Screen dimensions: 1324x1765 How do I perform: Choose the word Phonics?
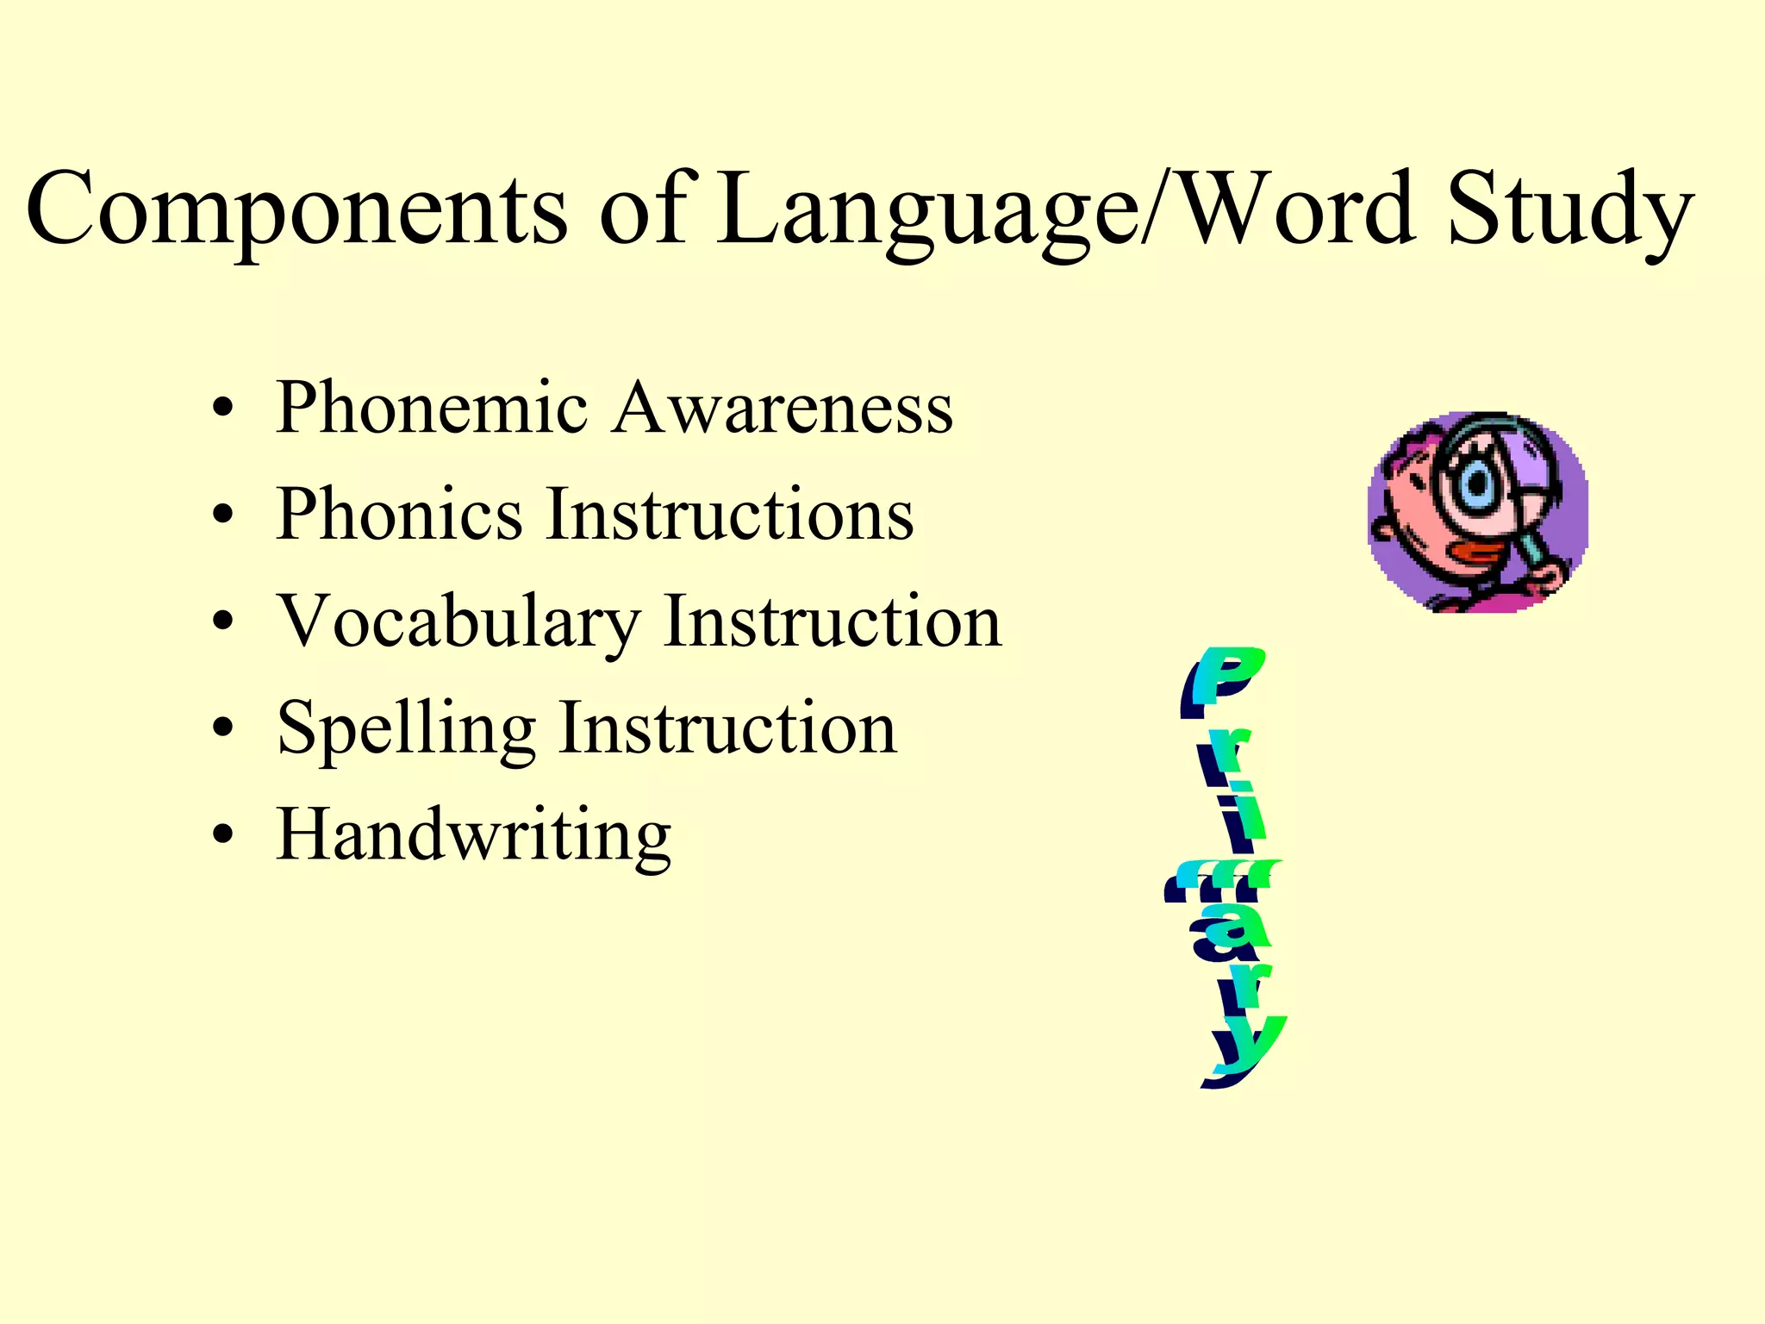399,515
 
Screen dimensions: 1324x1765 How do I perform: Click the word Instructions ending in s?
730,515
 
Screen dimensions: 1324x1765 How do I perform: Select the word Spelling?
406,729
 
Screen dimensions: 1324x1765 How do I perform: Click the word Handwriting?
473,836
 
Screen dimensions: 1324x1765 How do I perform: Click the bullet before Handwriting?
223,836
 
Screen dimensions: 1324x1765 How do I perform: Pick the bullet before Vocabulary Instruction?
223,622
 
